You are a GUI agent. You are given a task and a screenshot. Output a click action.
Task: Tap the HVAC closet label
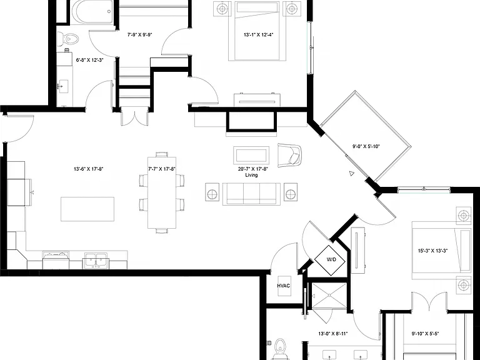click(x=284, y=286)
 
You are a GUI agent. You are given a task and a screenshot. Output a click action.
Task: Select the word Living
click(x=251, y=175)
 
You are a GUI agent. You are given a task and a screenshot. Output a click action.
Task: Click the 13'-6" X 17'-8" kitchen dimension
click(x=89, y=169)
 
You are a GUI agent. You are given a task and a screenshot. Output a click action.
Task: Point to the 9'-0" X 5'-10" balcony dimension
click(x=366, y=146)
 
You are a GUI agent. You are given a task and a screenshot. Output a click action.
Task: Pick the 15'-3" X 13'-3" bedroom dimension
click(x=433, y=251)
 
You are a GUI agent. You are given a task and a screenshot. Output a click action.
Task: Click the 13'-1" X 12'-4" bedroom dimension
click(x=258, y=35)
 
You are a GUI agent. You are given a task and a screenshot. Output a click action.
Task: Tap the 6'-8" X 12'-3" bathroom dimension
click(x=89, y=60)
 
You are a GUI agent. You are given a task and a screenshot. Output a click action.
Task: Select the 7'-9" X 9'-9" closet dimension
click(x=139, y=34)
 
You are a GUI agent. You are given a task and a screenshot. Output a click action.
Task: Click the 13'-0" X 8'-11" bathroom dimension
click(x=332, y=334)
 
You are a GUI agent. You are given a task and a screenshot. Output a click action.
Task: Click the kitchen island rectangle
click(x=87, y=209)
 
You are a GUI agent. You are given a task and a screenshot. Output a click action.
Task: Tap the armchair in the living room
click(x=289, y=155)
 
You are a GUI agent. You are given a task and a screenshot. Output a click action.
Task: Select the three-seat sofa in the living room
click(x=251, y=194)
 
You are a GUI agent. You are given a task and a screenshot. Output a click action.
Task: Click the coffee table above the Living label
click(x=251, y=155)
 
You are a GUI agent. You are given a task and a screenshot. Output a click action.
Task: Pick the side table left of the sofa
click(x=212, y=192)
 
